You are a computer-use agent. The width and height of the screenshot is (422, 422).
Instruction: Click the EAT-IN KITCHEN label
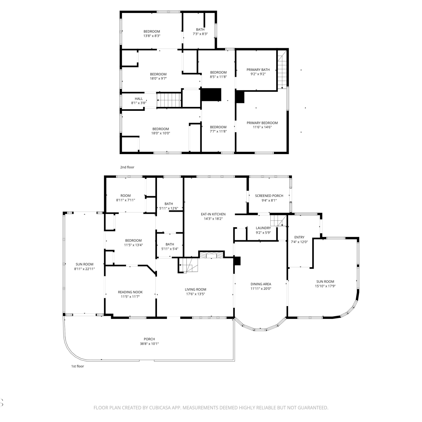coord(213,214)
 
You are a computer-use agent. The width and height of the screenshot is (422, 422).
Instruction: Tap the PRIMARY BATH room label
coord(258,70)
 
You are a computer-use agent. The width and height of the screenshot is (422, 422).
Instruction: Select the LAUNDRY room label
coord(263,228)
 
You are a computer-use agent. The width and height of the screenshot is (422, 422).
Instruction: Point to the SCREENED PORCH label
coord(269,196)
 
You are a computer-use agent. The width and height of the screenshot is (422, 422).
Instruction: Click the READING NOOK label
coord(130,292)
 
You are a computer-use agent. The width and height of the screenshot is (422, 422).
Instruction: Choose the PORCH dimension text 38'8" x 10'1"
coord(149,344)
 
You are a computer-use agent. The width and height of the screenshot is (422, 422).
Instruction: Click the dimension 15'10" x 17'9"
coord(325,286)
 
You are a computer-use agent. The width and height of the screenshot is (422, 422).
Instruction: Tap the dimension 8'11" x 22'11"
coord(84,269)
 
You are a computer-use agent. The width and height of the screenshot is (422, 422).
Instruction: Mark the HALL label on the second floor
coord(139,99)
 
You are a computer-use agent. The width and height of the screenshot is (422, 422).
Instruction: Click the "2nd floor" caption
coord(127,167)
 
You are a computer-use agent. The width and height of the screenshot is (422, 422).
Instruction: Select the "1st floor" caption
coord(77,366)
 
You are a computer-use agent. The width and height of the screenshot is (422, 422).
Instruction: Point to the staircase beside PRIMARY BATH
coord(282,69)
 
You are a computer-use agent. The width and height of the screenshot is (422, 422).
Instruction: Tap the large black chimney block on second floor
coord(211,95)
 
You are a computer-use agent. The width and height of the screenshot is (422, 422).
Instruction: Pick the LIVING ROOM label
coord(196,289)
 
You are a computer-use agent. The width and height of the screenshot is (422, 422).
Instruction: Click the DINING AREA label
coord(261,284)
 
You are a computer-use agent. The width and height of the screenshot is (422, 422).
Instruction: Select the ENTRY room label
coord(299,237)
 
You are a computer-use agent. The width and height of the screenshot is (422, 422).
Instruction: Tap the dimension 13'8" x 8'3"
coord(152,36)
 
